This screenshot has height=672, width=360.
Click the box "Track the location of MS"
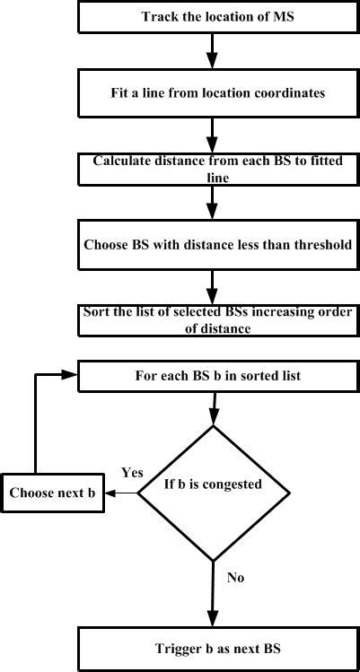218,16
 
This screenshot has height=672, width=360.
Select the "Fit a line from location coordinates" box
218,92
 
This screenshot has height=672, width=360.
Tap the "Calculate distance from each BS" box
218,170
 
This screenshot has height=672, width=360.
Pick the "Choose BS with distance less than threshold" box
218,245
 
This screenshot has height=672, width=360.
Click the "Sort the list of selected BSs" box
218,319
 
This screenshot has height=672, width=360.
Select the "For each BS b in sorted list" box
218,375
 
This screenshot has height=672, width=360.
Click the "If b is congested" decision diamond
214,493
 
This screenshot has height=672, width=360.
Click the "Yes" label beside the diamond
133,472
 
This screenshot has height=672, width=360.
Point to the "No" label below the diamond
235,577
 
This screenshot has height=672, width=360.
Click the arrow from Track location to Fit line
213,50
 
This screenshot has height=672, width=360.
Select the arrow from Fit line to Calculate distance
213,135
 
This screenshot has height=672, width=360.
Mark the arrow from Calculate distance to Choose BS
213,203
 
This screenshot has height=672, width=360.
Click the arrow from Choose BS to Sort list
213,287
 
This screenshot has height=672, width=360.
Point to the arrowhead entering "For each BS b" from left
70,375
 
